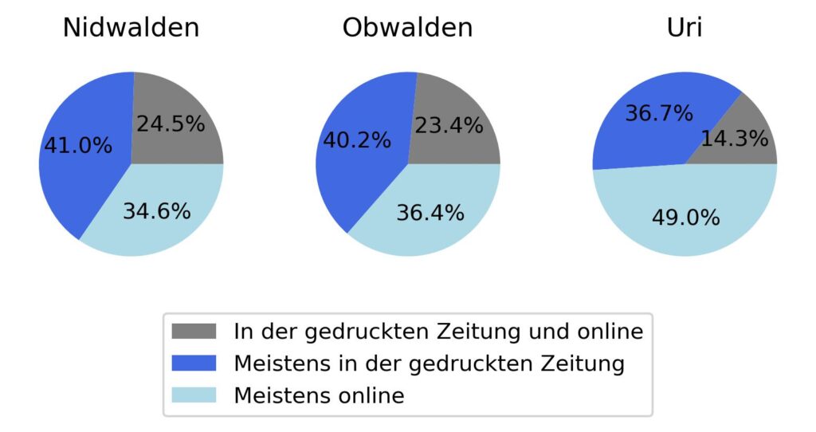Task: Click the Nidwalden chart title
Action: pos(131,28)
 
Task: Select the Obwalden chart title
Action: pos(407,28)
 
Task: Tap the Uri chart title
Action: pos(685,28)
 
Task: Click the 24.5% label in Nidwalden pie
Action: pos(171,124)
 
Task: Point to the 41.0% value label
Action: pos(77,147)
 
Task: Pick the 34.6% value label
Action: pos(156,211)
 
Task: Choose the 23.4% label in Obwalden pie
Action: pos(449,125)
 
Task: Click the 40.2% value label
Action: pos(356,140)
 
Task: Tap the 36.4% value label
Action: pos(430,213)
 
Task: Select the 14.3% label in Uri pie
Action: pos(735,139)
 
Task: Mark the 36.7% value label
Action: pos(658,113)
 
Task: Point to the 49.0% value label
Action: pos(685,218)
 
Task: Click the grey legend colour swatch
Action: pos(194,330)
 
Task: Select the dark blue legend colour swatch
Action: pos(194,363)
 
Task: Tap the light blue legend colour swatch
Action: pos(194,395)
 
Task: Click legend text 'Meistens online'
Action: pos(319,395)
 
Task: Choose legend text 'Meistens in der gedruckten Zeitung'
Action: pos(428,363)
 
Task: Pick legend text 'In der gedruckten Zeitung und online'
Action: pos(437,330)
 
